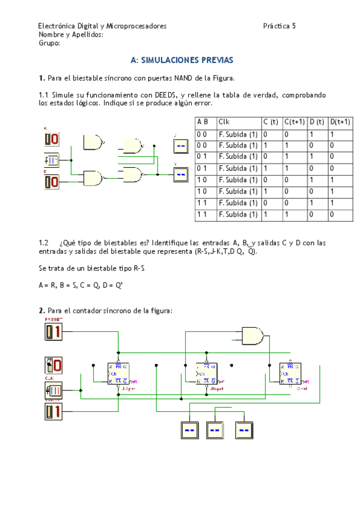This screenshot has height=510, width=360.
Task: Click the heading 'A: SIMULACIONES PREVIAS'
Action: [x=182, y=61]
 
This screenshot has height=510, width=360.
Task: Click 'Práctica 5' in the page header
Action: [x=279, y=26]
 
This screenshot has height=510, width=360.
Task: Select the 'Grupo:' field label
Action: [x=49, y=43]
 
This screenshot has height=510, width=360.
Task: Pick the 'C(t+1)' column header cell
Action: [x=294, y=122]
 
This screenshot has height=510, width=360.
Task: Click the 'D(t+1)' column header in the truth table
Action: [x=341, y=122]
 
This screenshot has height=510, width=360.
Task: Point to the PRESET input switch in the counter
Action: [x=53, y=331]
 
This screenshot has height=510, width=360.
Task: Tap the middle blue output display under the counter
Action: [x=215, y=431]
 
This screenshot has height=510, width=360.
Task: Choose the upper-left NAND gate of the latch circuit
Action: [x=93, y=143]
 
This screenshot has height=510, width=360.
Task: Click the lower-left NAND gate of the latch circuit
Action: [x=93, y=178]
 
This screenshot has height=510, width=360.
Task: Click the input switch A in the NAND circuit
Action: [x=51, y=140]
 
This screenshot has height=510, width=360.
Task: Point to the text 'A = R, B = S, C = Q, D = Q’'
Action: [x=81, y=286]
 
